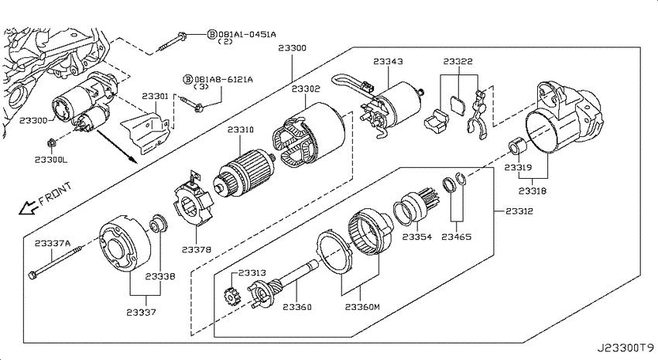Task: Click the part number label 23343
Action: [x=388, y=61]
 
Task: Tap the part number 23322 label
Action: [x=458, y=61]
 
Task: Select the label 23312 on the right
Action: [x=519, y=211]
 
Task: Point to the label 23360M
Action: [x=362, y=307]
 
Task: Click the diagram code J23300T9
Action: [x=625, y=348]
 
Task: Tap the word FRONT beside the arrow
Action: [x=55, y=194]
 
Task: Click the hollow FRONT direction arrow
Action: [x=28, y=207]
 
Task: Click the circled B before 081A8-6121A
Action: [x=188, y=79]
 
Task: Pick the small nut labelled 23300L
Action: [x=51, y=143]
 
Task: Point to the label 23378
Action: [x=197, y=249]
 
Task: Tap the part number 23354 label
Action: [x=416, y=237]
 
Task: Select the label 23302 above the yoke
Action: [x=306, y=89]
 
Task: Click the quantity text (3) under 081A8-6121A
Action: [x=201, y=87]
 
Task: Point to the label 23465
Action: [x=457, y=237]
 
